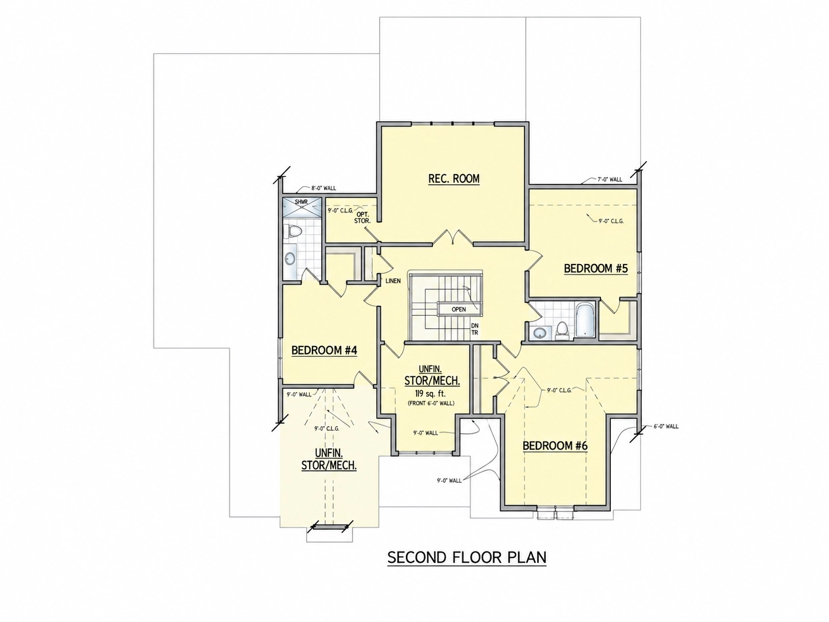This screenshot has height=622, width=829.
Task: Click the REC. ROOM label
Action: click(x=453, y=178)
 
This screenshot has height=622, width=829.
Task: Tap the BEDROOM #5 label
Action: click(x=595, y=269)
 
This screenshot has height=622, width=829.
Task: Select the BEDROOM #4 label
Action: click(x=324, y=351)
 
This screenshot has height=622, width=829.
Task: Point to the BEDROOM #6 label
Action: click(x=555, y=446)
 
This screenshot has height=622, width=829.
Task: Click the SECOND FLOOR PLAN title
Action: click(x=467, y=558)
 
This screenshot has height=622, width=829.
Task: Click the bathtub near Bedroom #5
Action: click(x=585, y=320)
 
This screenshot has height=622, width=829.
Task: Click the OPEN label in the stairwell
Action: click(x=459, y=309)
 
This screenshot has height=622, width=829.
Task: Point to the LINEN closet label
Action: click(x=393, y=281)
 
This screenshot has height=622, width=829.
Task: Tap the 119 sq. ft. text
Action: click(x=430, y=393)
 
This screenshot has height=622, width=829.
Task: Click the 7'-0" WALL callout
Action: click(x=610, y=179)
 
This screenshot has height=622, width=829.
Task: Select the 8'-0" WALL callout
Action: click(x=323, y=188)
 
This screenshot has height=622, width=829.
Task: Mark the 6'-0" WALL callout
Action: click(x=666, y=426)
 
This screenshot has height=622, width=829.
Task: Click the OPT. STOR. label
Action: click(x=362, y=218)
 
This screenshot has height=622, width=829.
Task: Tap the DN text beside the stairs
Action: click(x=475, y=325)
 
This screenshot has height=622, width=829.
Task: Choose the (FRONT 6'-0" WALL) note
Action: click(x=431, y=403)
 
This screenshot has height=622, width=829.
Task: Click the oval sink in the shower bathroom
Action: click(x=290, y=259)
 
